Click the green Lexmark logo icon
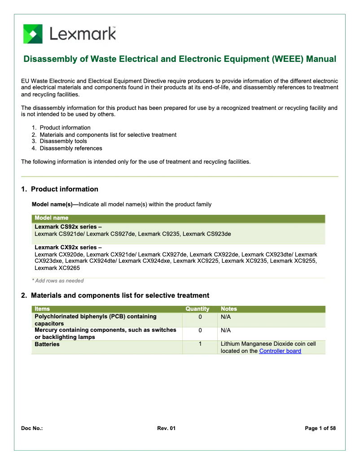point(33,34)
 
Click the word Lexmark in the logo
point(83,34)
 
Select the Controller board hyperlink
point(280,351)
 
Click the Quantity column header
point(198,309)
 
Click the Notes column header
point(229,309)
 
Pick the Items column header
point(42,309)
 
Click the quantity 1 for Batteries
point(200,344)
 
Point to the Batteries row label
point(47,344)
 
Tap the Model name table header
point(52,218)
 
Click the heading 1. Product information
point(60,189)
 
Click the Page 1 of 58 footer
point(320,429)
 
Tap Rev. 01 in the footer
point(167,429)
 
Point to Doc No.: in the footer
point(32,429)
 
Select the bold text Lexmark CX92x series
point(68,247)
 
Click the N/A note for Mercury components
point(226,330)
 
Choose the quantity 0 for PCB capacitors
point(200,317)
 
